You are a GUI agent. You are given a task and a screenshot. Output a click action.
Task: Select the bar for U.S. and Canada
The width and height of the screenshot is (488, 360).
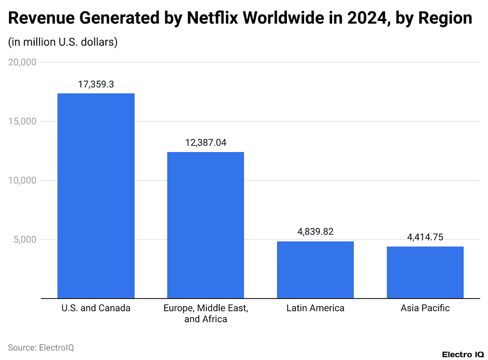(x=96, y=195)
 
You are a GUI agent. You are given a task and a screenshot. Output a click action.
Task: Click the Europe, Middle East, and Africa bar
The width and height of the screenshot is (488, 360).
(x=205, y=225)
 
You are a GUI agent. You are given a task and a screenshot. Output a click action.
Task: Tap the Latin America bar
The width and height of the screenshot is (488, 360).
(x=315, y=270)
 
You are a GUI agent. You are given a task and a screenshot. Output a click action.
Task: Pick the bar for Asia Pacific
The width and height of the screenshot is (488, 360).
(x=425, y=272)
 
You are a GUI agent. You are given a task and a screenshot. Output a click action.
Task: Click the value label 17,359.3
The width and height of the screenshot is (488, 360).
(x=96, y=84)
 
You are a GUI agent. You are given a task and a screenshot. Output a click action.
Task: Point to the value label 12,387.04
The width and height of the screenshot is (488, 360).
(x=205, y=143)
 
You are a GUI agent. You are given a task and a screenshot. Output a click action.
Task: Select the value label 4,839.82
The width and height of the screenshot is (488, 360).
(x=315, y=232)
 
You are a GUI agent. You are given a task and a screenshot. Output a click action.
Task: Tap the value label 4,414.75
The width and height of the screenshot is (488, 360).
(x=425, y=237)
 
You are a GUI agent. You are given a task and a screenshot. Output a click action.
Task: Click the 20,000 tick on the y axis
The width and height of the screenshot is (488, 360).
(x=22, y=62)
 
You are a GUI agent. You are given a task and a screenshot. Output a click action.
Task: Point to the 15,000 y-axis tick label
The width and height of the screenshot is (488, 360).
(x=22, y=122)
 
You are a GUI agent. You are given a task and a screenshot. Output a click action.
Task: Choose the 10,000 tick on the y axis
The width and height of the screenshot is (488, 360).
(x=22, y=180)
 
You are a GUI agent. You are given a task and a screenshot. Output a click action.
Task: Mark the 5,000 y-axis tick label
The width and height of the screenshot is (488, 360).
(x=24, y=239)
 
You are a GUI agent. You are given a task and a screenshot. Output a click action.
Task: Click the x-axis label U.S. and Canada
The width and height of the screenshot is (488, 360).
(x=96, y=308)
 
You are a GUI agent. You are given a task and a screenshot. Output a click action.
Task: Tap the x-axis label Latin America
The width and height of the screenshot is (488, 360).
(x=315, y=308)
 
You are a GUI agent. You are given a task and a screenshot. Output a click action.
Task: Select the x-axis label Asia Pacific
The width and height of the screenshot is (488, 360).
(x=425, y=308)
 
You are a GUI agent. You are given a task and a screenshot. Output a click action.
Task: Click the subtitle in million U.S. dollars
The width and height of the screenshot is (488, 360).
(x=63, y=42)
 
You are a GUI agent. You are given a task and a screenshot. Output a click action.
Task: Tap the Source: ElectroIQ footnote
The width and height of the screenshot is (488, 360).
(x=41, y=348)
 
